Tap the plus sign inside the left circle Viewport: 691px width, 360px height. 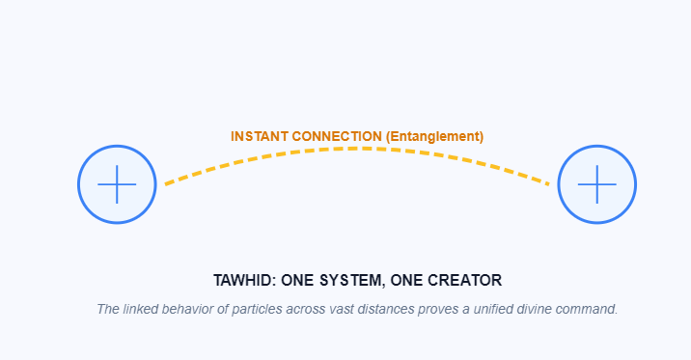tap(117, 184)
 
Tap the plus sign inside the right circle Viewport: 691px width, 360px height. tap(597, 184)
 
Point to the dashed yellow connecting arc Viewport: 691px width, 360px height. tap(357, 149)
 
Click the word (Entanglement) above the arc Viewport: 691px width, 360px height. tap(434, 136)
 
